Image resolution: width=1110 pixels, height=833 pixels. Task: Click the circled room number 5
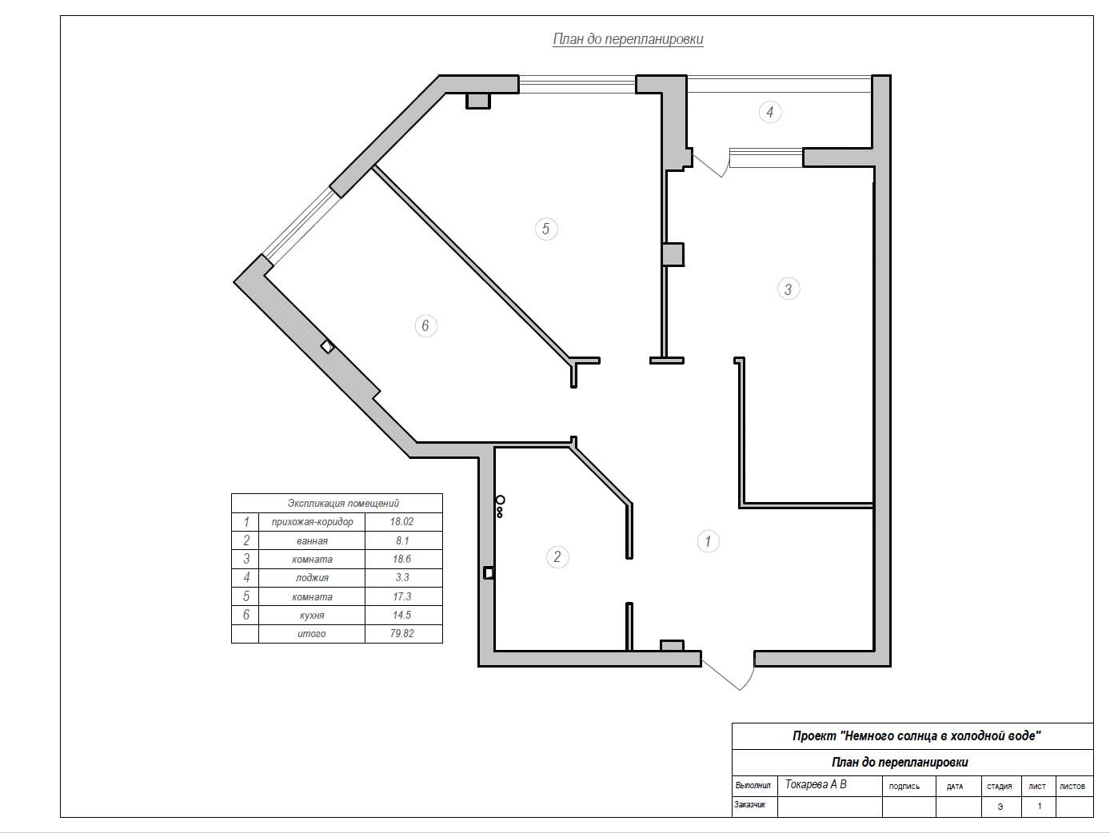point(545,229)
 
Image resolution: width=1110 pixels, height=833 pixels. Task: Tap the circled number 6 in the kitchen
point(425,325)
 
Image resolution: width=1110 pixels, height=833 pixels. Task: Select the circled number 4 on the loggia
point(769,112)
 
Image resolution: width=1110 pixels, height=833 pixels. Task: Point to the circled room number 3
point(788,289)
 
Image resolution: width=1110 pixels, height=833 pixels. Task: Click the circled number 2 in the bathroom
point(557,557)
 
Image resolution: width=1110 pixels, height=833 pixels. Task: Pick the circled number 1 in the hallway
point(708,541)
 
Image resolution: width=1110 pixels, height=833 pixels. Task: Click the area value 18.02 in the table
point(401,522)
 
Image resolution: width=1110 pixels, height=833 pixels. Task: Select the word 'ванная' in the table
point(312,541)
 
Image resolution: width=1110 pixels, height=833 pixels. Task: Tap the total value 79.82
point(402,633)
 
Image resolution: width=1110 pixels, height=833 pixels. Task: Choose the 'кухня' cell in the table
point(312,615)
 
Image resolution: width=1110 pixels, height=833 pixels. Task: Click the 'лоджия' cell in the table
point(312,578)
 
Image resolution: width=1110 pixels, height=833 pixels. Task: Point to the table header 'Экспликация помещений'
point(343,503)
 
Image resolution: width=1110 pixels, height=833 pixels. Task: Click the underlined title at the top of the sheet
point(628,39)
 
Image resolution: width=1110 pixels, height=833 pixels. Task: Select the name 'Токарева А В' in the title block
point(816,784)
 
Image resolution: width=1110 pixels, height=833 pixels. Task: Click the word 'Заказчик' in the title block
point(750,804)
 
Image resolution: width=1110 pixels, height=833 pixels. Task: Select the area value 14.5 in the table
point(401,615)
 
